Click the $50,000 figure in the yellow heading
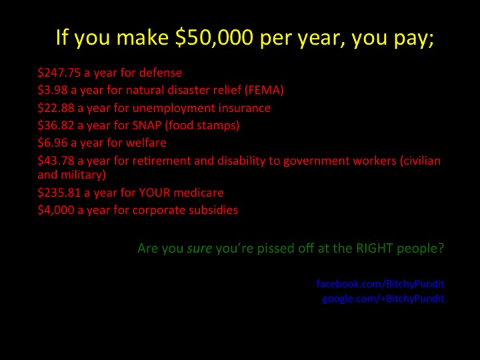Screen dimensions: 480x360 click(214, 37)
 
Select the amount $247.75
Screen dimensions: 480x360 click(59, 73)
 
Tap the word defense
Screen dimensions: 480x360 click(161, 73)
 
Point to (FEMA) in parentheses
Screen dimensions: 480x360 click(264, 90)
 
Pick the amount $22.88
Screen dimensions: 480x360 click(56, 108)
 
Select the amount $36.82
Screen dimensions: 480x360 click(56, 125)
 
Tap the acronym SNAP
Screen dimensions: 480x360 click(147, 125)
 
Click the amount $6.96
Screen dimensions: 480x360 click(53, 143)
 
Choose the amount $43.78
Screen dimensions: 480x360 click(56, 161)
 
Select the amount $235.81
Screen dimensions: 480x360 click(59, 193)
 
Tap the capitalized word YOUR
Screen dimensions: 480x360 click(155, 193)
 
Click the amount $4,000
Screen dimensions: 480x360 click(56, 210)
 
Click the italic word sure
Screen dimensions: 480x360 click(199, 248)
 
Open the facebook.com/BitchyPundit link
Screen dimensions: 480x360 click(380, 284)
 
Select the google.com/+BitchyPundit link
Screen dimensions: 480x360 click(383, 299)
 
